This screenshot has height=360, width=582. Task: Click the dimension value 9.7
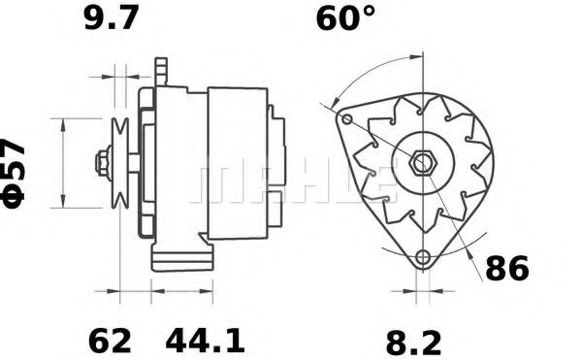112,17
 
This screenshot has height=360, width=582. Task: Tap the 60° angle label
345,17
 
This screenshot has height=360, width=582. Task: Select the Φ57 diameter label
14,174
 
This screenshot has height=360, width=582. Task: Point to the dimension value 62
110,341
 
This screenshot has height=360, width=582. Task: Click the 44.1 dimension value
205,341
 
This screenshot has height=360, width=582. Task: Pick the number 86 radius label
506,269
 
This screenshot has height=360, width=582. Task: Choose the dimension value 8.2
414,344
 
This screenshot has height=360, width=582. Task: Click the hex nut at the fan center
423,162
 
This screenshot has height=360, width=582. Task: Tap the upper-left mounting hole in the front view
346,119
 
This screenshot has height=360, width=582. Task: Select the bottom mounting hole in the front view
422,256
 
